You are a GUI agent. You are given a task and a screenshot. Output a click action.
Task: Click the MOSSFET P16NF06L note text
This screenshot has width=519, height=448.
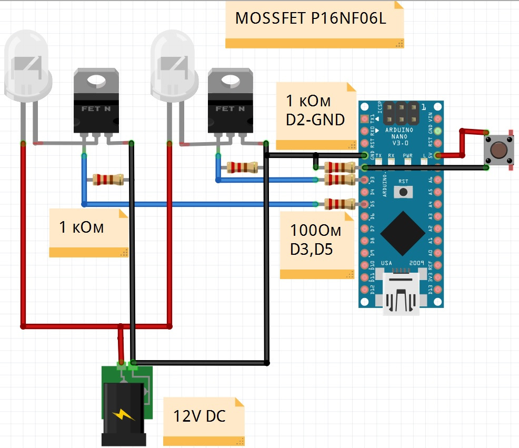pos(311,19)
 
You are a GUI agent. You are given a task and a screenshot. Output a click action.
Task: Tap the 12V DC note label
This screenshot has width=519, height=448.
pos(199,416)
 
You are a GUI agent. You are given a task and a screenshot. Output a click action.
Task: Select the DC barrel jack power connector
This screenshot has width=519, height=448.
pos(124,411)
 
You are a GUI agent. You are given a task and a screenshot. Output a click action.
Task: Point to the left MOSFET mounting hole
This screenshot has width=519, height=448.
pos(96,81)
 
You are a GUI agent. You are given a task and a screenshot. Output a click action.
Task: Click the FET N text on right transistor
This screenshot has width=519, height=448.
pos(230,109)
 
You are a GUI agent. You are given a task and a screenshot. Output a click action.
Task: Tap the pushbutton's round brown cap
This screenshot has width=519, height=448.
pos(499,150)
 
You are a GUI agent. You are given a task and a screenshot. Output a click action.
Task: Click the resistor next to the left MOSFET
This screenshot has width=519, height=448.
pos(109,180)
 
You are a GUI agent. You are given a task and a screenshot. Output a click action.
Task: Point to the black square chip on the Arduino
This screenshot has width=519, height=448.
pos(402,232)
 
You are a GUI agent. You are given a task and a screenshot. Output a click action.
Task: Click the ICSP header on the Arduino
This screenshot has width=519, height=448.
pos(402,112)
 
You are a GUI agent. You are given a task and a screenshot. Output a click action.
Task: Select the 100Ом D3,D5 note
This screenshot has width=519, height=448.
pos(316,240)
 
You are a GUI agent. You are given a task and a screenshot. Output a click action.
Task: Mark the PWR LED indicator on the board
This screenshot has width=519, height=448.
pos(408,161)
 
